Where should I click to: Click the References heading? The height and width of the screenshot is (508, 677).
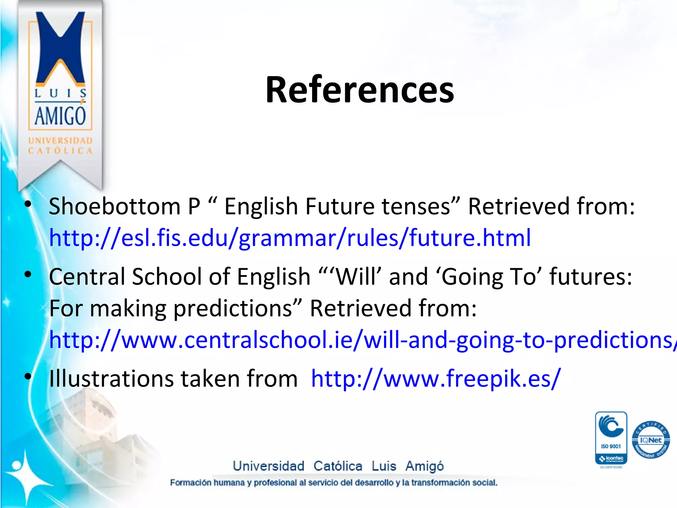click(x=360, y=90)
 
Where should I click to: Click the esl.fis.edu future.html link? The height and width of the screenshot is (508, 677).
click(x=290, y=238)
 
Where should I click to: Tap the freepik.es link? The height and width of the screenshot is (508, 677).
click(x=436, y=378)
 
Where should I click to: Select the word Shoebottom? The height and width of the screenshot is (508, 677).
click(x=115, y=206)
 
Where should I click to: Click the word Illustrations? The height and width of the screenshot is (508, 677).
click(x=111, y=378)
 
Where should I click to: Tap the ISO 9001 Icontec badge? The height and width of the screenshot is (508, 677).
click(x=611, y=438)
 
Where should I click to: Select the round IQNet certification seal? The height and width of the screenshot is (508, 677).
click(x=651, y=440)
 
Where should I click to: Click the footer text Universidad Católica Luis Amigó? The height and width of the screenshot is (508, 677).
click(x=338, y=466)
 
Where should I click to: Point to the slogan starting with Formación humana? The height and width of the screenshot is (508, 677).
click(x=333, y=483)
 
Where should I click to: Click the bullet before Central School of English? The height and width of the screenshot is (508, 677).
click(x=28, y=274)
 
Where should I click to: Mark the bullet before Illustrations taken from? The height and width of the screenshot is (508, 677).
click(x=28, y=376)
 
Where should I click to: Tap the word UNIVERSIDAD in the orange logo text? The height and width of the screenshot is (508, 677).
click(x=60, y=141)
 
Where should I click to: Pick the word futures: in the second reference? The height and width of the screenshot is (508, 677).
click(x=590, y=276)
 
